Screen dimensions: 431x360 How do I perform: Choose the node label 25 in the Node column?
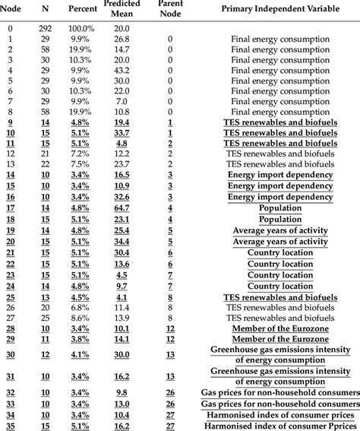[10, 297]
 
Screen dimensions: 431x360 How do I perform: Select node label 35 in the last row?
[10, 426]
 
